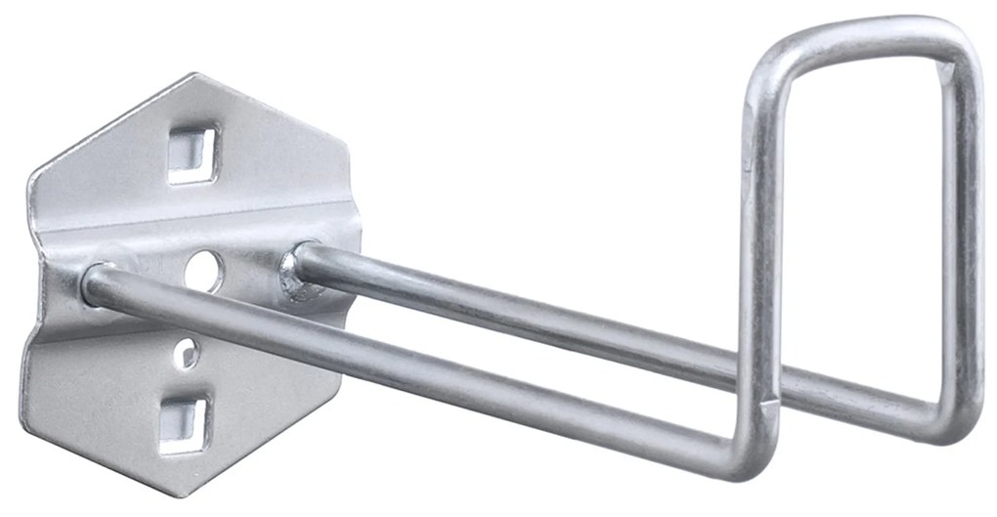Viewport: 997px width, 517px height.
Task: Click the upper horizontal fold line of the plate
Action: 195,230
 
